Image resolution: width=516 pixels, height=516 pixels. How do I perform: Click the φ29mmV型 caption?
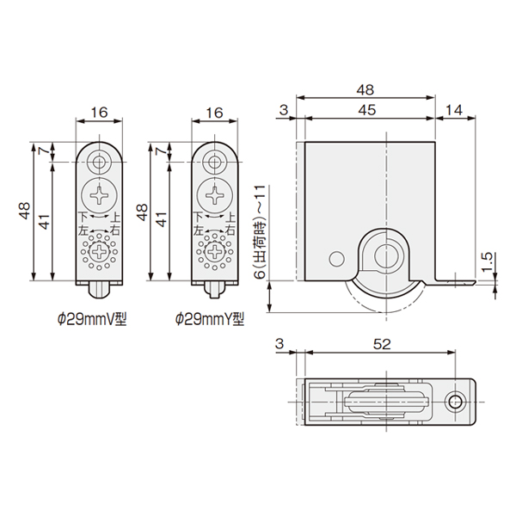tap(92, 319)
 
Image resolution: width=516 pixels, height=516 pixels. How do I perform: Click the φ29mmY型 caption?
tap(210, 319)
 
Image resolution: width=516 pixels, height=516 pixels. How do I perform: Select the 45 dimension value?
tap(367, 110)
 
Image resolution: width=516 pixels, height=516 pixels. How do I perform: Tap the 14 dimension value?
tap(454, 110)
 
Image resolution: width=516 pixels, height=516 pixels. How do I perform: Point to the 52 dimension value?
tap(382, 344)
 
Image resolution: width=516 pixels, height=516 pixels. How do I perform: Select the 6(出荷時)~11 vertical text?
tap(260, 232)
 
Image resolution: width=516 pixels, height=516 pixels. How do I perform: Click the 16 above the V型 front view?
tap(99, 113)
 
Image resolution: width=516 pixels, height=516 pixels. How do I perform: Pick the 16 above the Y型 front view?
tap(214, 113)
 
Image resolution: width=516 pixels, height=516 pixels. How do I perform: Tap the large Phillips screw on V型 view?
tap(99, 196)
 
